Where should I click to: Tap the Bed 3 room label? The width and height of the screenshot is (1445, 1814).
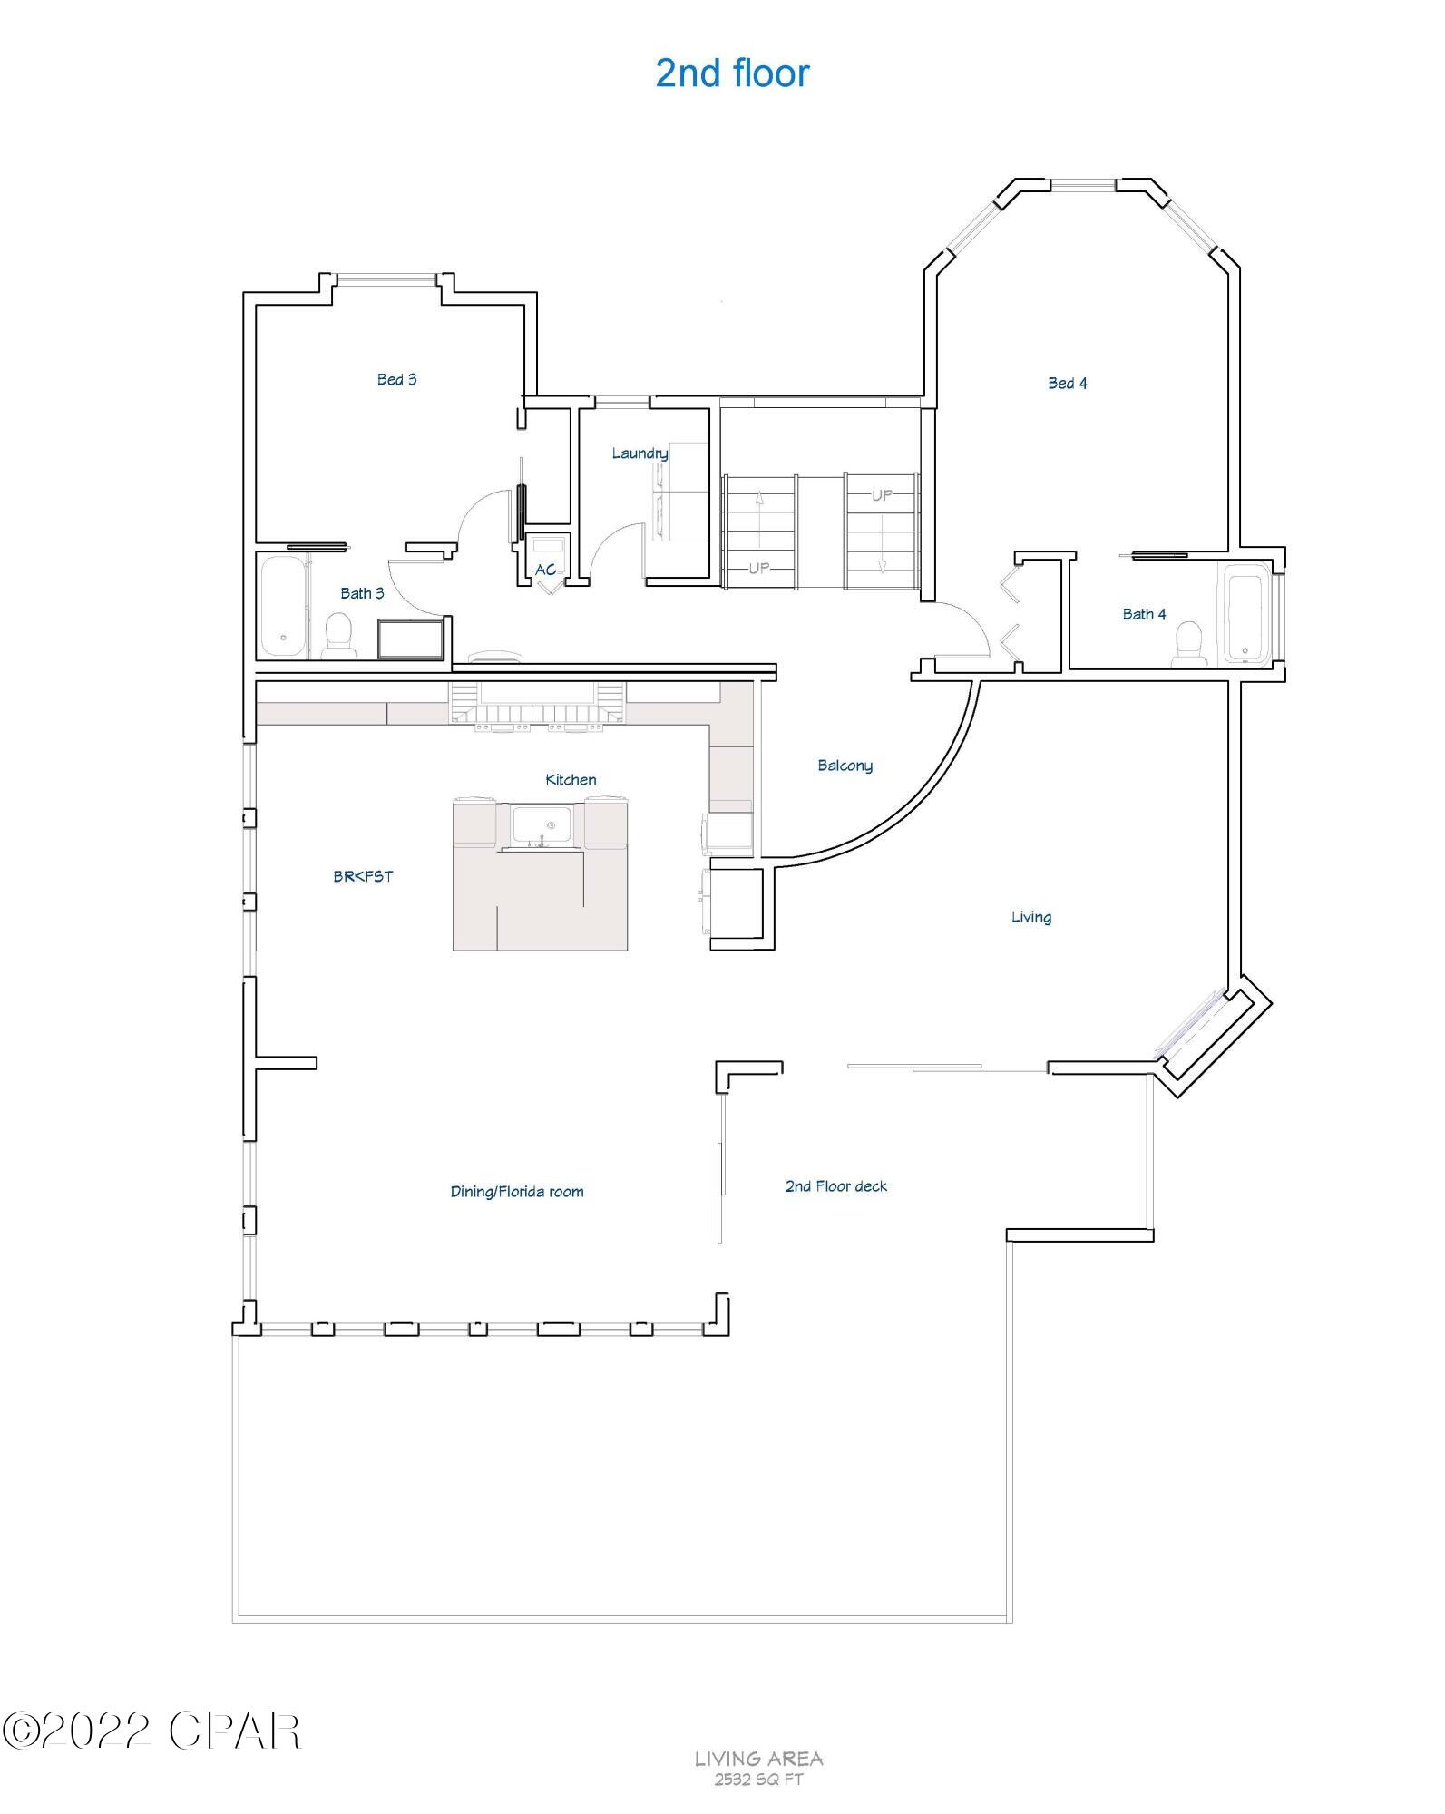pos(396,379)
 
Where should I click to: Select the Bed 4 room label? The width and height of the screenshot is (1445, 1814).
pos(1067,383)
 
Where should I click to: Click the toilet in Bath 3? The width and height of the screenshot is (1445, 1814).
pos(339,635)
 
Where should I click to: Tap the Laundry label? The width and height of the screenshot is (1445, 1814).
pos(640,453)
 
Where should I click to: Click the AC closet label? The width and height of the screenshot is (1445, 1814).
pos(545,570)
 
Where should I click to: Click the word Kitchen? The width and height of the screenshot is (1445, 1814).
pos(571,779)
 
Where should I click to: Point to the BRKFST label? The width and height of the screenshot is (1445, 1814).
pos(363,876)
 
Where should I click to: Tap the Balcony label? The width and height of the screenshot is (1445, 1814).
pos(845,766)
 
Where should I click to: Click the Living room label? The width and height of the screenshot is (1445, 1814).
pos(1031,917)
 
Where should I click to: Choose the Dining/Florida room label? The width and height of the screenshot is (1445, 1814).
pos(517,1191)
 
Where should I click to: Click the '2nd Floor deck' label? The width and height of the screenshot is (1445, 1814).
pos(835,1185)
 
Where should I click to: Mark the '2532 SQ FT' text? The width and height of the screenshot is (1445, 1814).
pos(758,1779)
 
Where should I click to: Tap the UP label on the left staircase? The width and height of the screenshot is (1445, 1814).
pos(758,568)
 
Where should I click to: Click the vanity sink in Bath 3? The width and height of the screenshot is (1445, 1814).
pos(411,639)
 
